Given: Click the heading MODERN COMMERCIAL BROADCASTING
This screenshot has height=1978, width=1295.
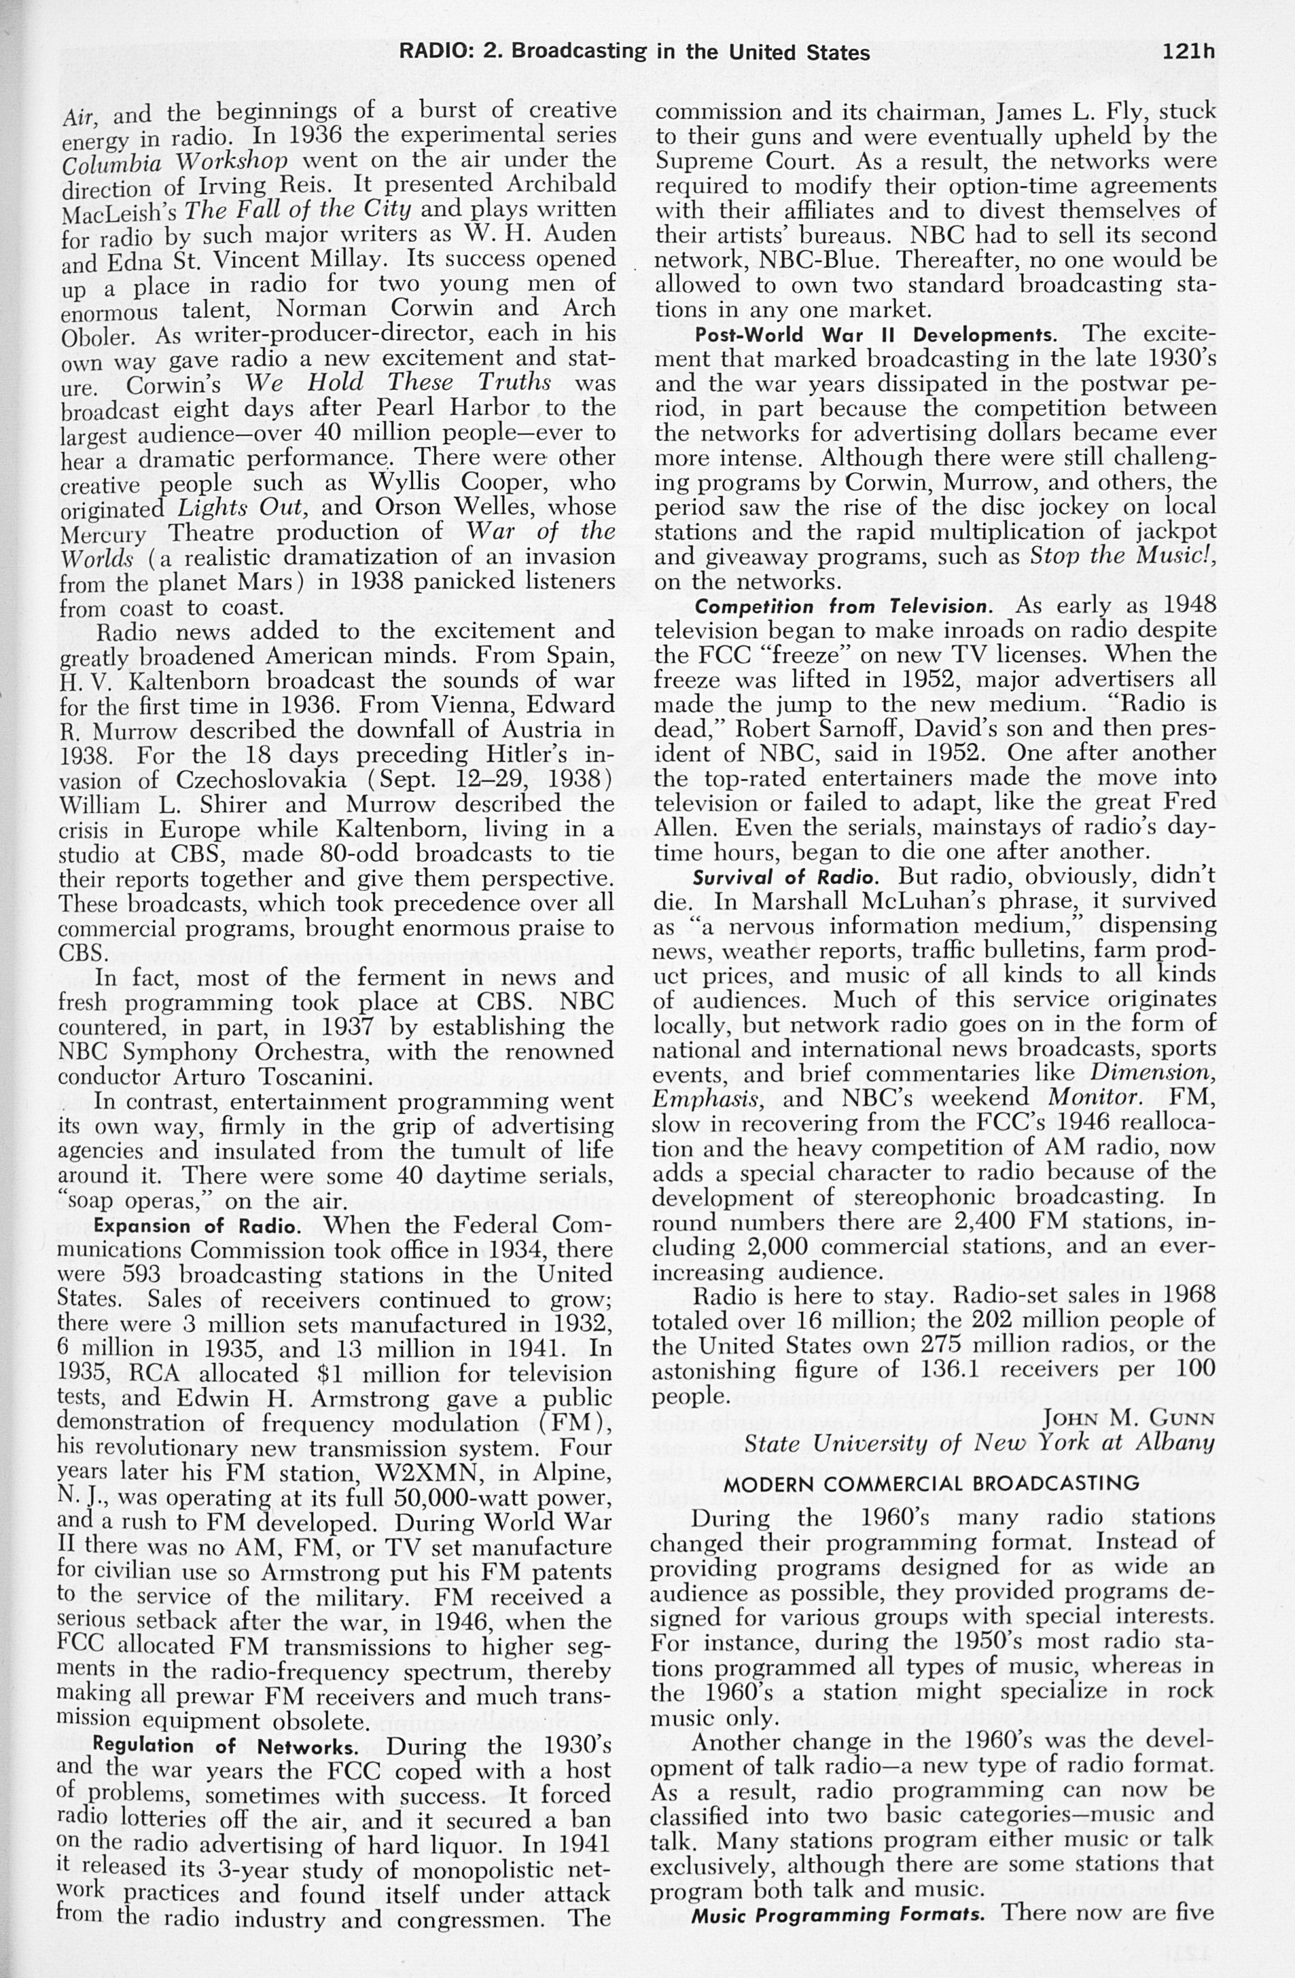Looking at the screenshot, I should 932,1483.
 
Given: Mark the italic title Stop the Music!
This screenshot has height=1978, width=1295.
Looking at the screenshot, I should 1123,557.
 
